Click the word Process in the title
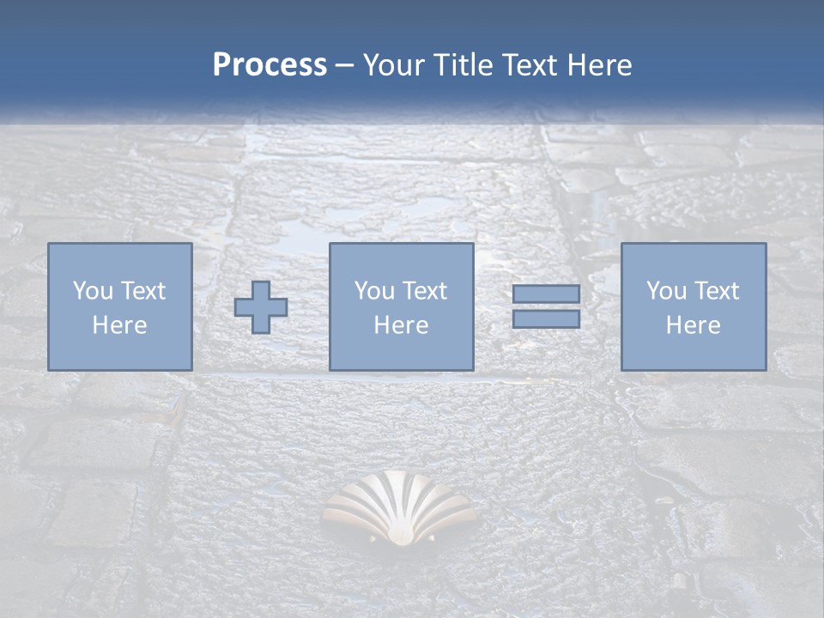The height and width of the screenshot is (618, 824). pyautogui.click(x=270, y=65)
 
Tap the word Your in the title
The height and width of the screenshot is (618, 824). pyautogui.click(x=395, y=65)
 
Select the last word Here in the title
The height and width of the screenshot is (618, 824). pyautogui.click(x=600, y=65)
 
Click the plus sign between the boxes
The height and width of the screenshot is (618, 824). pyautogui.click(x=261, y=307)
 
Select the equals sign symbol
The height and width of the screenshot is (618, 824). pyautogui.click(x=546, y=306)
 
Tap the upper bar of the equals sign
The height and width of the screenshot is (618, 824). pyautogui.click(x=546, y=294)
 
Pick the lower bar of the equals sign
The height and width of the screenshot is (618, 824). pyautogui.click(x=546, y=319)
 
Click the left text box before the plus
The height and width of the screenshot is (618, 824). pyautogui.click(x=119, y=306)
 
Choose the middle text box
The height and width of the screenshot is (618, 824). pyautogui.click(x=401, y=306)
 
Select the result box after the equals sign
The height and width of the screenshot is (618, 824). pyautogui.click(x=693, y=306)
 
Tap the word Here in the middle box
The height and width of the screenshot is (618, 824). pyautogui.click(x=401, y=325)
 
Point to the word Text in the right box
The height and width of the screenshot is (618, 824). pyautogui.click(x=718, y=291)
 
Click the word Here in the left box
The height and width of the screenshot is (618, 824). pyautogui.click(x=119, y=325)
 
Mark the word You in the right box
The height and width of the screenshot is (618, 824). pyautogui.click(x=667, y=291)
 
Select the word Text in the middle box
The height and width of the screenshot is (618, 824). pyautogui.click(x=426, y=291)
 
